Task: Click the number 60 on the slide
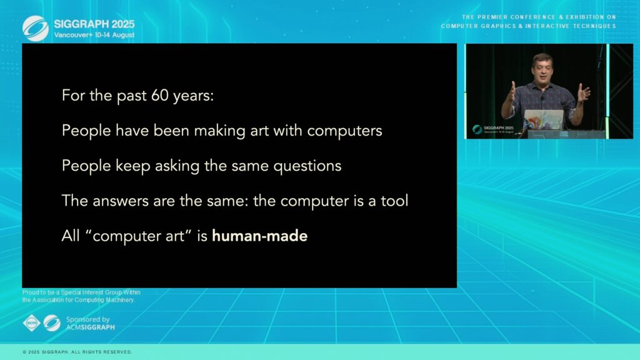(159, 95)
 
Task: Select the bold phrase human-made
(259, 236)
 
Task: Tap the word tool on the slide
(394, 201)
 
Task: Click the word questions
(307, 166)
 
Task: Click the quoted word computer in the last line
(139, 236)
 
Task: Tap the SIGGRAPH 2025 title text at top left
(94, 24)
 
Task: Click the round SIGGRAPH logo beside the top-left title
(36, 29)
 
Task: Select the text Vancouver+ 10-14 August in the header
(94, 35)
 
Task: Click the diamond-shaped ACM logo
(31, 323)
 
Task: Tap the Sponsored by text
(87, 319)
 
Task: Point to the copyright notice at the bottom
(77, 352)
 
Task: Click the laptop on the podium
(544, 119)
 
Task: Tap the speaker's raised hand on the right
(583, 94)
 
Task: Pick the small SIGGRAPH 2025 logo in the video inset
(492, 129)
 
